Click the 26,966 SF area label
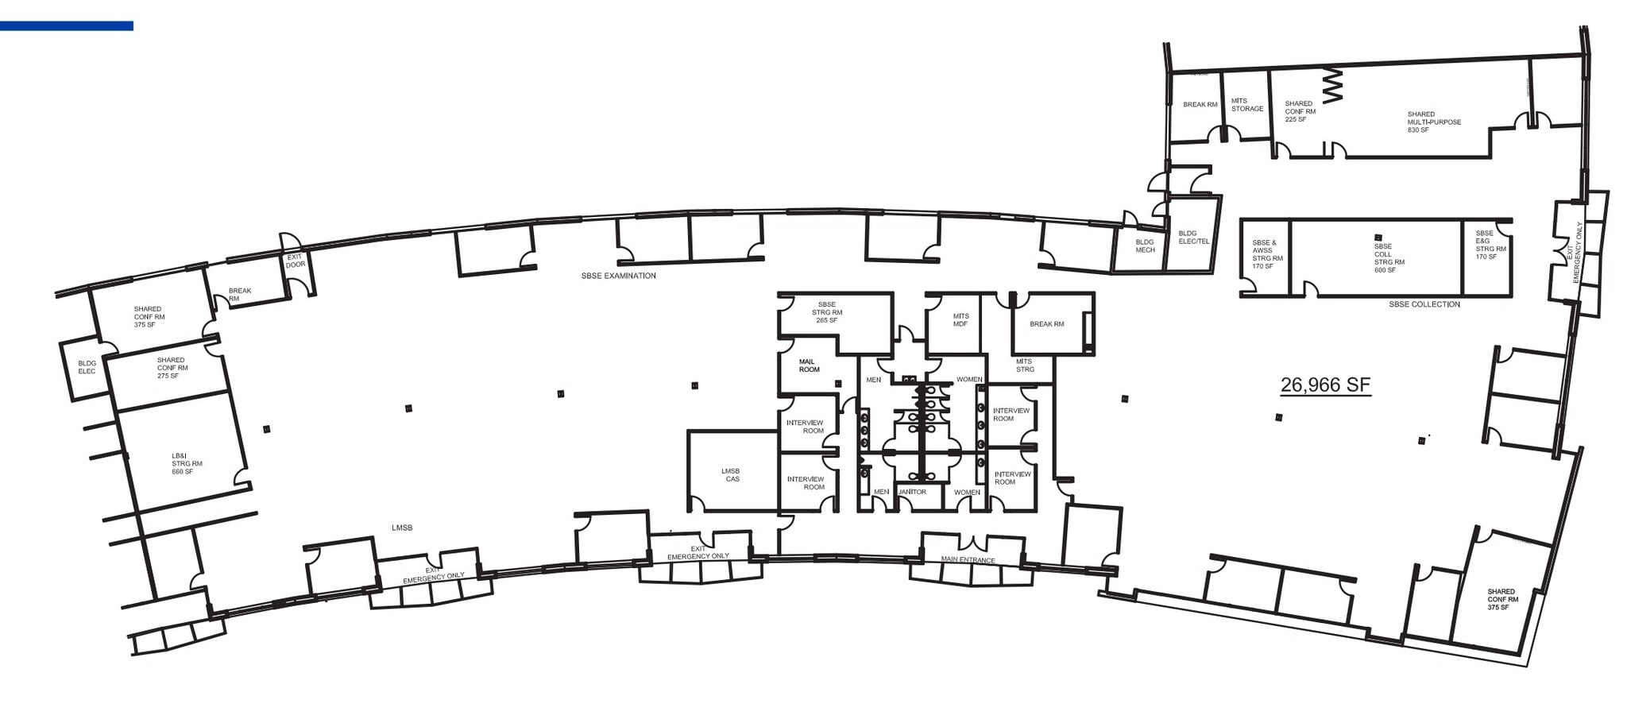(x=1325, y=385)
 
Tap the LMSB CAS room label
(x=731, y=475)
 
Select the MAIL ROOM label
(x=809, y=365)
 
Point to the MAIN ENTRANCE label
(x=968, y=560)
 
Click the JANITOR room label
(x=912, y=492)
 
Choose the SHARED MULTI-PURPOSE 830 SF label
(x=1434, y=122)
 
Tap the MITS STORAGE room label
(x=1246, y=105)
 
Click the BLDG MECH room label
(x=1145, y=246)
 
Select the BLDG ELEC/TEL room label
(x=1193, y=238)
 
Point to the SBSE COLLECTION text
(x=1424, y=304)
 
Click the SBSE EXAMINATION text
(x=618, y=276)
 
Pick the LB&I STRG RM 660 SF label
(x=187, y=464)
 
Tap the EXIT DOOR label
(x=295, y=261)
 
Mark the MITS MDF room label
(x=960, y=320)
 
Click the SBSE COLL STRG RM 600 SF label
(x=1389, y=258)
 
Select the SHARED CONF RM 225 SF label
(x=1300, y=111)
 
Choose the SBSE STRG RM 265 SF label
(x=827, y=312)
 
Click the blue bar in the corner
(x=67, y=26)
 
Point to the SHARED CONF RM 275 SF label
(x=172, y=368)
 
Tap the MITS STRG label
(x=1025, y=365)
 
